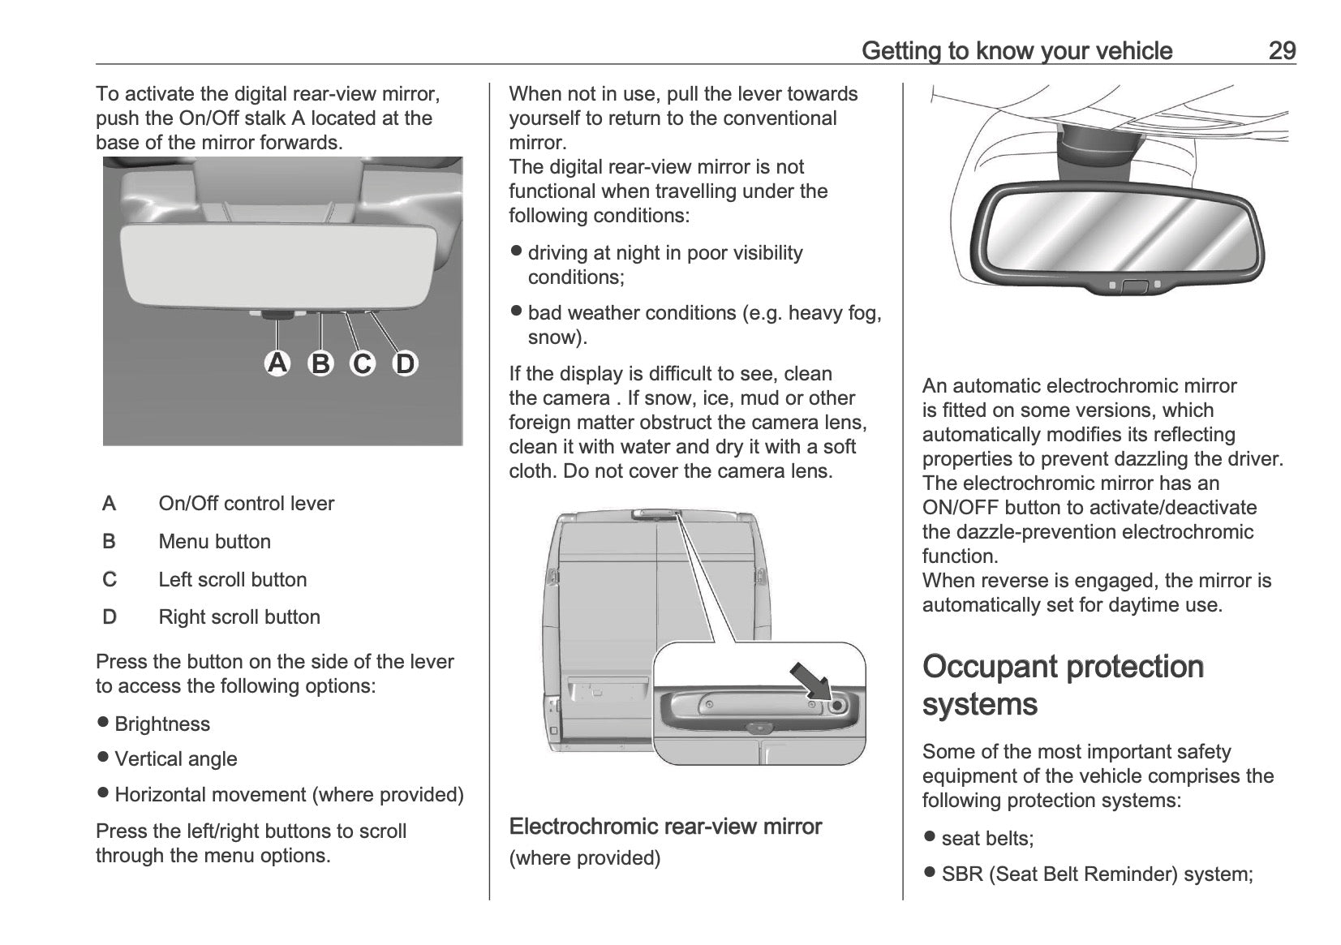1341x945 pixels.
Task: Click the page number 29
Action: click(x=1282, y=50)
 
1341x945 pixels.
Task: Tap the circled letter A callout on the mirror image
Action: click(x=277, y=363)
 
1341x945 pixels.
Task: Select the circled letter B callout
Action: click(x=320, y=363)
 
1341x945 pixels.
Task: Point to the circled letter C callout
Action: click(x=363, y=363)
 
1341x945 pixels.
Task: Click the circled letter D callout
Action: click(x=405, y=363)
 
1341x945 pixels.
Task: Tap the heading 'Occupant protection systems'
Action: click(x=1063, y=685)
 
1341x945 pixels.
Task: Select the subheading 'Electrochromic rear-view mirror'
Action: click(x=665, y=827)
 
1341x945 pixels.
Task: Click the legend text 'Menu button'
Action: click(x=214, y=541)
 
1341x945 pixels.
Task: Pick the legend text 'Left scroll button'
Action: click(x=232, y=579)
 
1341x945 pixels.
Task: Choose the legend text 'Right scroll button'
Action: click(x=239, y=616)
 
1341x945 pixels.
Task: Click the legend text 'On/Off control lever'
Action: click(x=246, y=503)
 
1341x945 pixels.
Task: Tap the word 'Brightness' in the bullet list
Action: click(x=162, y=724)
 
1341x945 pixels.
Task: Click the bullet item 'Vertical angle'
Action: click(x=176, y=758)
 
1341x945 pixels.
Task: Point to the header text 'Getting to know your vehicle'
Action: click(x=1016, y=50)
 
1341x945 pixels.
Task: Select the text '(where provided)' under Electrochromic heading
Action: click(x=584, y=857)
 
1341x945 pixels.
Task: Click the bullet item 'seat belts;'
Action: click(x=987, y=838)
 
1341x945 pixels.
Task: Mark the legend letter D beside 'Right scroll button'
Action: click(x=110, y=616)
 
